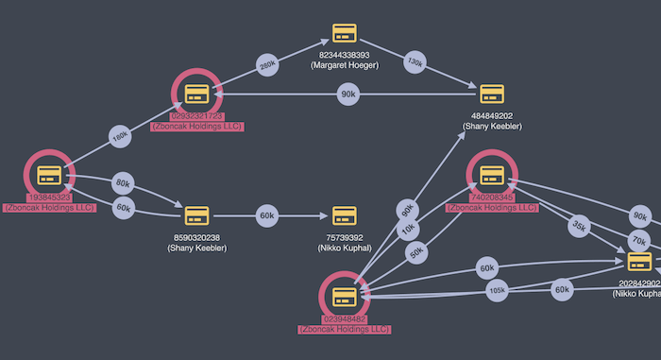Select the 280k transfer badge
(x=267, y=65)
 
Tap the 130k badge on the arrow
(x=415, y=61)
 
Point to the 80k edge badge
(x=123, y=183)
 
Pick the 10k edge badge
(x=408, y=229)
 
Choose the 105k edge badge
(x=497, y=289)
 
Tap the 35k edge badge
(x=578, y=227)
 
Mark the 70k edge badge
(x=639, y=241)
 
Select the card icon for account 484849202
(x=491, y=94)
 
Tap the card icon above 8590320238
(x=195, y=215)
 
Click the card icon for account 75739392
(x=344, y=215)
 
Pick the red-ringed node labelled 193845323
(x=49, y=175)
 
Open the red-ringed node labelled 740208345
(x=491, y=175)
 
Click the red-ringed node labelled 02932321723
(x=196, y=93)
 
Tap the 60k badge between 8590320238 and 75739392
(x=267, y=215)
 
